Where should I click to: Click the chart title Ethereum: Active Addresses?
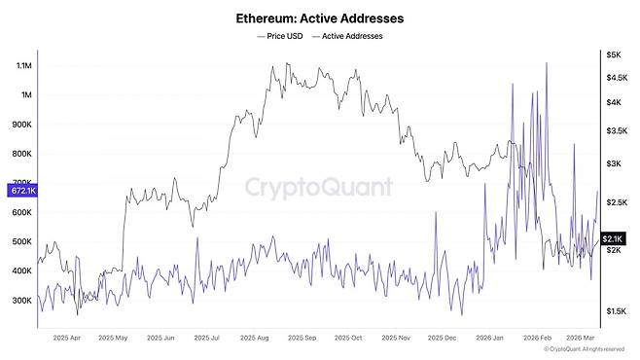pos(320,18)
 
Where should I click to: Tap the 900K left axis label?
pos(19,125)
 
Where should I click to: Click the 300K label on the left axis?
pos(19,301)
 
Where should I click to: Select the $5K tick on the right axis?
pos(614,54)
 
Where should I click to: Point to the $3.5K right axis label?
pos(616,129)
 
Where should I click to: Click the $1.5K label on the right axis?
pos(616,311)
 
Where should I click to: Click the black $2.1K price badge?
pos(613,238)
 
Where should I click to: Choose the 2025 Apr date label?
pos(73,338)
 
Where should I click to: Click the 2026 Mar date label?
pos(583,338)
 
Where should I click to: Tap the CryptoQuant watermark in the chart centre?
pos(318,187)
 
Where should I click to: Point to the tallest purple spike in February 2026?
pos(547,63)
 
